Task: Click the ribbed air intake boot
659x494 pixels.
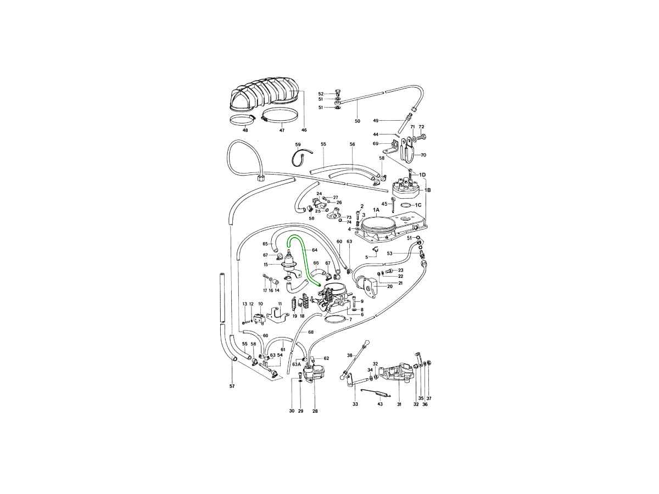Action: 264,94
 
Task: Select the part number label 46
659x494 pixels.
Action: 304,130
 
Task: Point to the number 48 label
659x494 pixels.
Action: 245,131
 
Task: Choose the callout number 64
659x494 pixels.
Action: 314,250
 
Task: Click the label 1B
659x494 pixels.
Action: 428,190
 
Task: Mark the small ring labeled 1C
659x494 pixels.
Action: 406,205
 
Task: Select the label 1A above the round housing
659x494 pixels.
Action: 376,210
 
